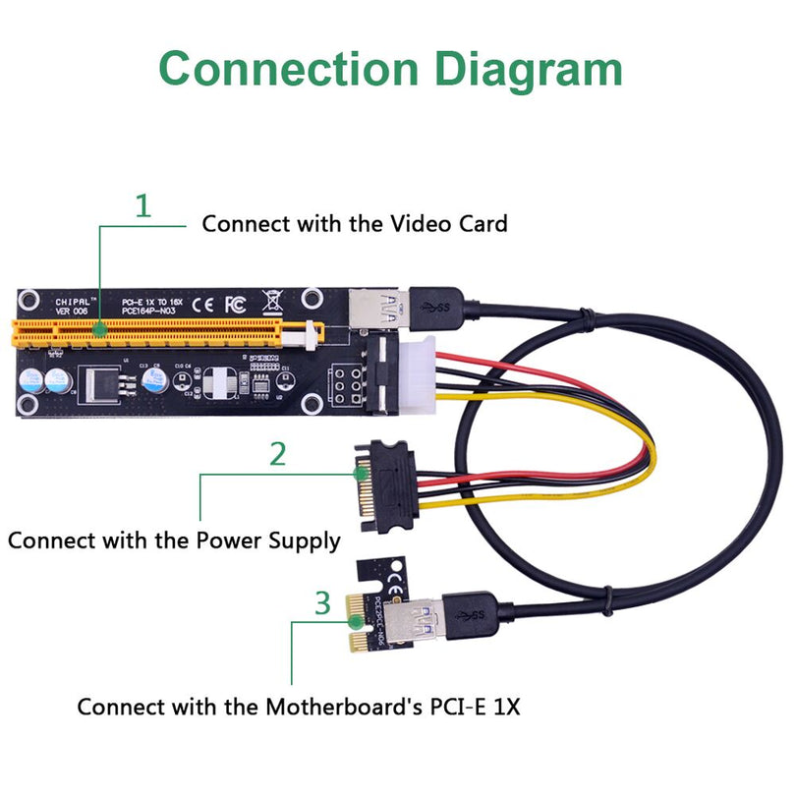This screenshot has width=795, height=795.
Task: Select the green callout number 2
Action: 278,454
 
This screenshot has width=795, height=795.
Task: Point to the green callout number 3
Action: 322,602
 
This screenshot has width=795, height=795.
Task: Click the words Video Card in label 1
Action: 448,224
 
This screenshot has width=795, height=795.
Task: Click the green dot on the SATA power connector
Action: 362,474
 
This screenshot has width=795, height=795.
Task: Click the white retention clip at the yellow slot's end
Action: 312,336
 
